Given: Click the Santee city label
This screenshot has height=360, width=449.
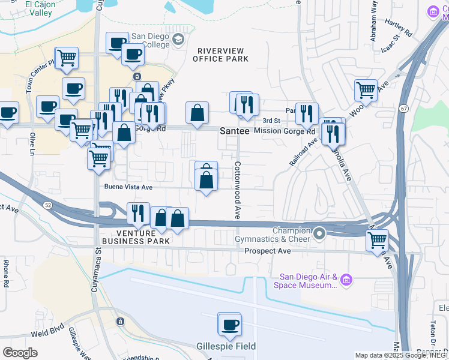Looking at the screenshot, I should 234,130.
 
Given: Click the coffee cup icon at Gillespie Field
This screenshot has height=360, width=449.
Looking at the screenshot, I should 229,325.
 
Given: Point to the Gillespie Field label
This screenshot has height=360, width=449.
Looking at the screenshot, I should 226,346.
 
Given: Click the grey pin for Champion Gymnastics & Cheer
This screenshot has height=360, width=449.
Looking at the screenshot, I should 320,233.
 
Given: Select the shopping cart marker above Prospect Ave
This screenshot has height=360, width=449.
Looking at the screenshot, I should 378,240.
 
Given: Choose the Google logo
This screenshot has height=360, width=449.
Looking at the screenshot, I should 20,352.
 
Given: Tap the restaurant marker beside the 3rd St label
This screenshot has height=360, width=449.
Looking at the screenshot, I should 307,113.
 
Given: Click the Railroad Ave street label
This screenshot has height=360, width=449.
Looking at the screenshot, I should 304,154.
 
